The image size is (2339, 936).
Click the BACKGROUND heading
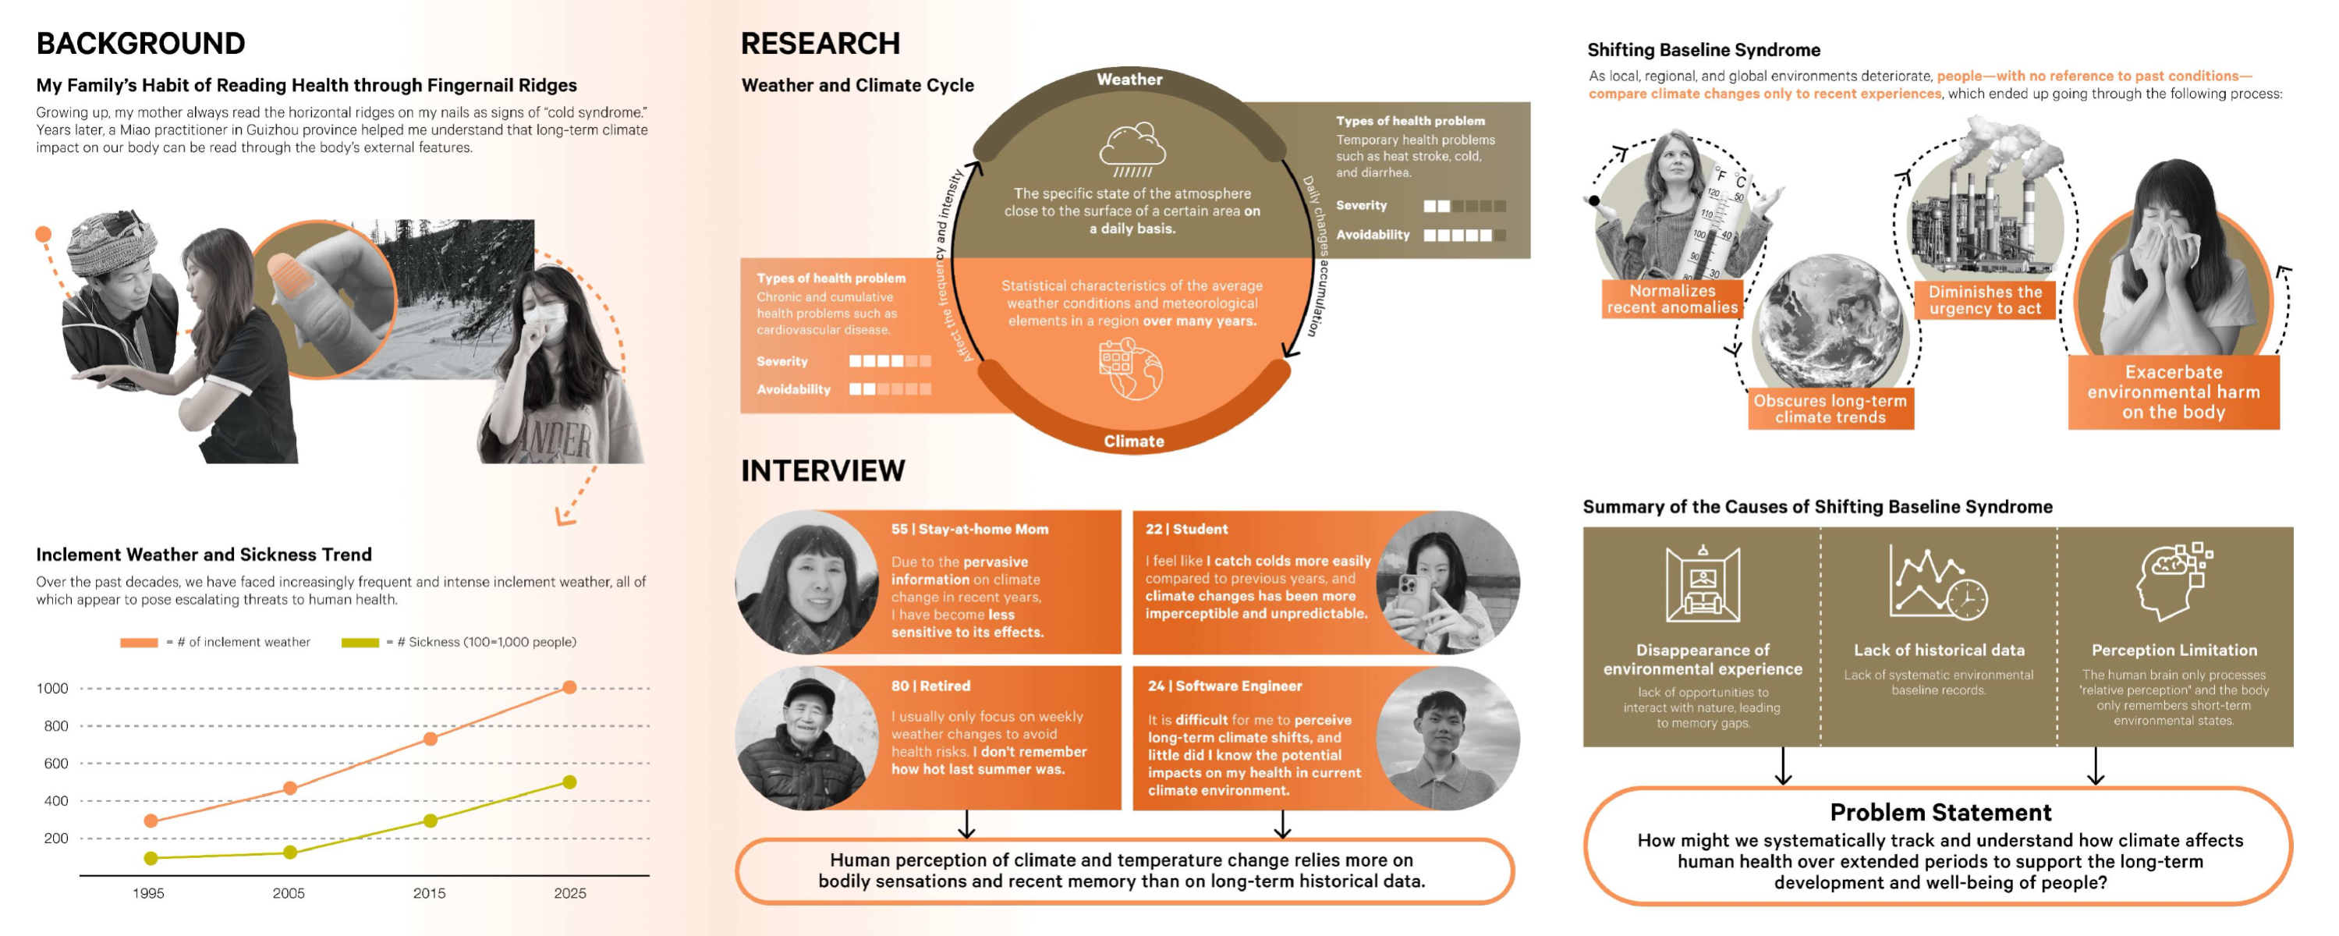140,43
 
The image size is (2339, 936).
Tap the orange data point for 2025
569,687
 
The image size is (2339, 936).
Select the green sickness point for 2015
431,821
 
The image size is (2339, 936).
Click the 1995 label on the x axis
149,893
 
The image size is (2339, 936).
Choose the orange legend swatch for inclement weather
139,643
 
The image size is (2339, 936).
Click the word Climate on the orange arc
1133,441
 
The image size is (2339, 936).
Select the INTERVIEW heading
823,470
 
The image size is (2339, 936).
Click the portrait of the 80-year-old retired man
807,739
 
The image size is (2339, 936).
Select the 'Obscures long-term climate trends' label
1830,409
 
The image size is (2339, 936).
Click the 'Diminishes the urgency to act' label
1985,300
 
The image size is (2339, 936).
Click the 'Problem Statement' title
1940,813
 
